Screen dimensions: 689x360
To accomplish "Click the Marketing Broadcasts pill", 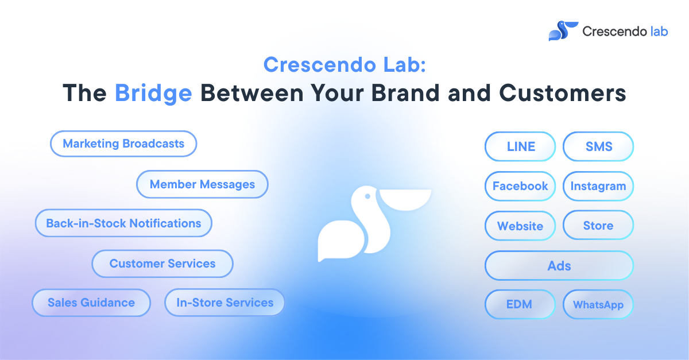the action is coord(123,144).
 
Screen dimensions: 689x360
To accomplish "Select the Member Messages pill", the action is coord(202,184).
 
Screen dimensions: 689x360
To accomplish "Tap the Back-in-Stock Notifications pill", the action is coord(123,223).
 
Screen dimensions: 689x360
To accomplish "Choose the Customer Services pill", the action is coord(162,264).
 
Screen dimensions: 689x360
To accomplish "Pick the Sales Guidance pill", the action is coord(91,303).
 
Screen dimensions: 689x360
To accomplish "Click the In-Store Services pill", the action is coord(225,303).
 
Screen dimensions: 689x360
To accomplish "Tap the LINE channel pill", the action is coord(520,146).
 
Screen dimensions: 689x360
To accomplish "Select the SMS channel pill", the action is coord(598,146).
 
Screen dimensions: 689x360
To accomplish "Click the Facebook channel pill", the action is coord(520,186).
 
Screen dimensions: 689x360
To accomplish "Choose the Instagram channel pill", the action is coord(598,186).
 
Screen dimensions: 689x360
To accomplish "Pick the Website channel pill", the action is coord(520,226).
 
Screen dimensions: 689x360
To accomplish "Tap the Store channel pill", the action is coord(598,225).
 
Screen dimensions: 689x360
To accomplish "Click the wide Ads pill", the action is coord(559,265).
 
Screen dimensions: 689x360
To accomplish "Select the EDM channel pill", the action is coord(520,304).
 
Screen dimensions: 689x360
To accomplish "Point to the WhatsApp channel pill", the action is coord(598,304).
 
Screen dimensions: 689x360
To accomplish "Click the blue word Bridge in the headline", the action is coord(153,94).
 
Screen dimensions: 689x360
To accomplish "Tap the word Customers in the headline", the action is coord(562,93).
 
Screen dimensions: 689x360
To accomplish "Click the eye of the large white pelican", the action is coord(367,196).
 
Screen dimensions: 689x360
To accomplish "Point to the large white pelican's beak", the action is coord(405,199).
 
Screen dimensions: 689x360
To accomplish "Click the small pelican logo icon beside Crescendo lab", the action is coord(563,31).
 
